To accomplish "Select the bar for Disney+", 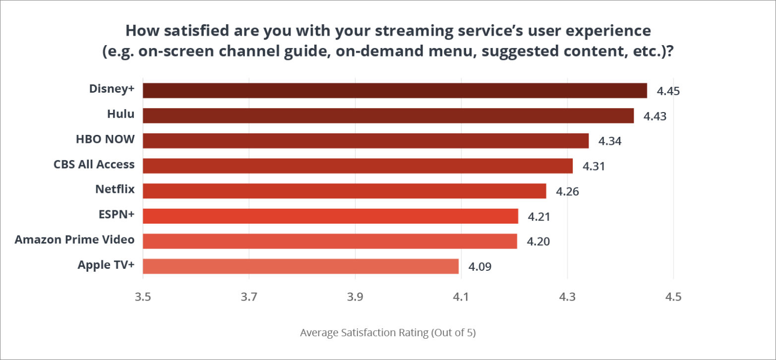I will [x=395, y=91].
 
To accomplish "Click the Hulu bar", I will [x=388, y=116].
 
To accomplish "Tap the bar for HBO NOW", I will [x=365, y=141].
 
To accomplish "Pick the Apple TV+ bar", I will [x=300, y=266].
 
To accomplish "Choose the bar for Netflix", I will [x=344, y=191].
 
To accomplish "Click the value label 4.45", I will [x=668, y=91].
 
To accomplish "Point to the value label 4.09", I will [x=479, y=267].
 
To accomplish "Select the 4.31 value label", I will [x=594, y=166].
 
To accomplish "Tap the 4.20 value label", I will [x=538, y=241].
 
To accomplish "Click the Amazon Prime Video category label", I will [x=74, y=240].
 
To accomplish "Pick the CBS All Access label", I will [x=94, y=164].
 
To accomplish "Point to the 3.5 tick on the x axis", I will [x=143, y=298].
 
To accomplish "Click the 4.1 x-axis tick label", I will [x=461, y=298].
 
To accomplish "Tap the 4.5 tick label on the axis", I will [x=673, y=298].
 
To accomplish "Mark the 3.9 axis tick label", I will [x=355, y=298].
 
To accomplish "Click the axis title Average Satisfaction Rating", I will [x=388, y=333].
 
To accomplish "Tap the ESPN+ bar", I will [x=330, y=216].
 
